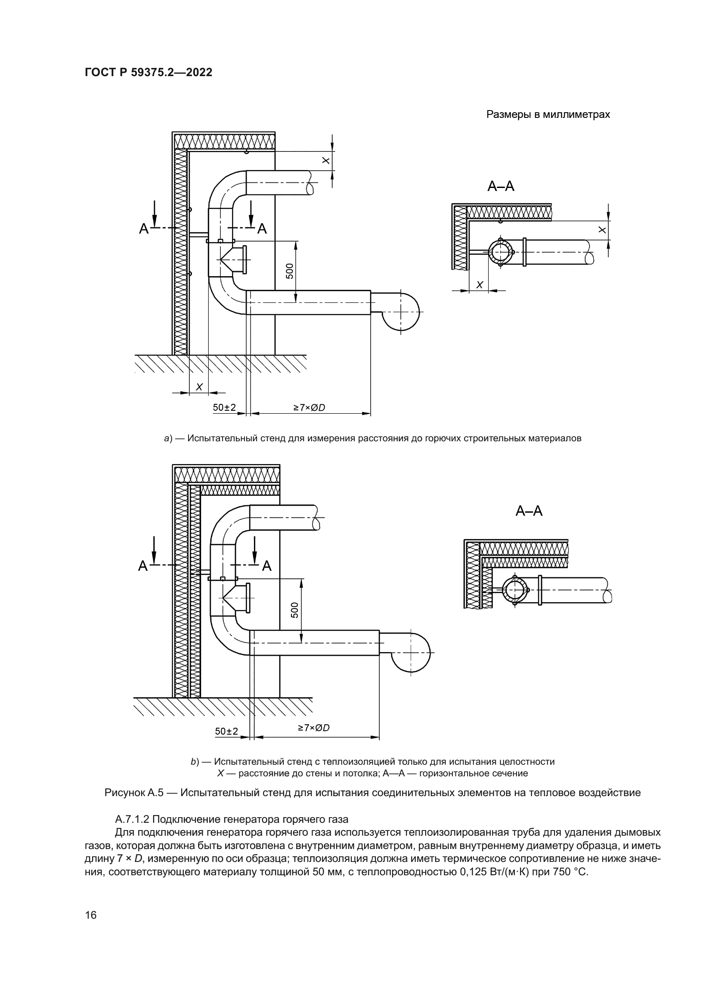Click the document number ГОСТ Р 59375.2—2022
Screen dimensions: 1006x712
point(148,72)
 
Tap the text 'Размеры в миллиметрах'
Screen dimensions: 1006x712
point(548,115)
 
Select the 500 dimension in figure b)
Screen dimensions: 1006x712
point(295,610)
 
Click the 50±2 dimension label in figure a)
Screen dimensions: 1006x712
point(224,407)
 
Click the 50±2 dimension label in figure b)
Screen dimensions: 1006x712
point(226,731)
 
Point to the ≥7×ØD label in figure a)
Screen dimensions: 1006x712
point(309,407)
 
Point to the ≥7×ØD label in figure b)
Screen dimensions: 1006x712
point(313,728)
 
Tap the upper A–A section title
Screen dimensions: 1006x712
point(501,187)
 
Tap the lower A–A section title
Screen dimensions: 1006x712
point(529,511)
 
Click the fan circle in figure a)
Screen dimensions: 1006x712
point(400,311)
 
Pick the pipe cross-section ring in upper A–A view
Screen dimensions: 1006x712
point(501,252)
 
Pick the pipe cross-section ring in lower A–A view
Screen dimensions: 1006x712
point(515,590)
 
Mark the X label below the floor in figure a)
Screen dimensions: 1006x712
point(199,387)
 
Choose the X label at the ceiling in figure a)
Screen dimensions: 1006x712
point(326,161)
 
